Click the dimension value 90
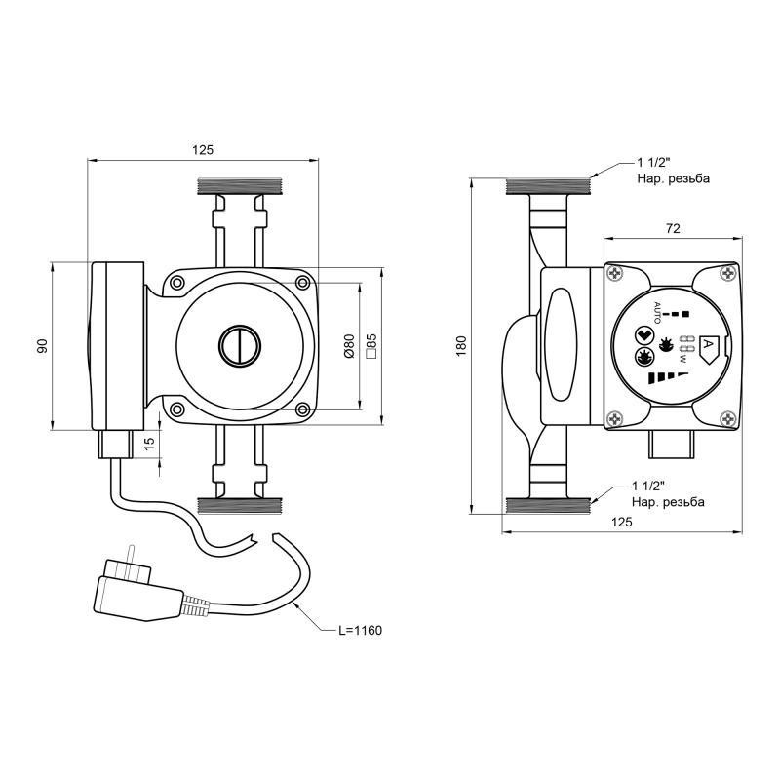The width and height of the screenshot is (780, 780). (x=43, y=346)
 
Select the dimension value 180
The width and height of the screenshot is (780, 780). (x=461, y=346)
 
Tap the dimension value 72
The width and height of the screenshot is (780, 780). (x=673, y=228)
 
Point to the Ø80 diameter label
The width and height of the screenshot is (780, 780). (x=349, y=346)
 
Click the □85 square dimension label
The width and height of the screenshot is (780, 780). (x=371, y=346)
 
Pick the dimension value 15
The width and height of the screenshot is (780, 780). (x=150, y=443)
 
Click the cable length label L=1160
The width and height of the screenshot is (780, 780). (x=360, y=630)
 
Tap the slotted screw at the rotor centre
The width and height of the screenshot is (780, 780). (x=240, y=346)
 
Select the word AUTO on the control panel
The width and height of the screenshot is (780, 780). (x=657, y=313)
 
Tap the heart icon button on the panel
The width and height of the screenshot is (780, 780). (x=644, y=335)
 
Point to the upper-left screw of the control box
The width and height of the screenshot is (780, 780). (x=616, y=273)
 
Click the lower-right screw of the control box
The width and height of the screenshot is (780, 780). (x=728, y=419)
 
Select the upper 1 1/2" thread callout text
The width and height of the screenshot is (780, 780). (x=674, y=170)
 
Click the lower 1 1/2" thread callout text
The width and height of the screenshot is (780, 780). (x=668, y=493)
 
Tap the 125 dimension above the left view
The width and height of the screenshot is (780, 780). (x=203, y=150)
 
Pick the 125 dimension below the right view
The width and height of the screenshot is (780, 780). (x=622, y=522)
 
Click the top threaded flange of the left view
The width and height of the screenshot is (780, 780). (x=240, y=186)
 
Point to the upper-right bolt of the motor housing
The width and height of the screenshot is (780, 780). (x=302, y=283)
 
